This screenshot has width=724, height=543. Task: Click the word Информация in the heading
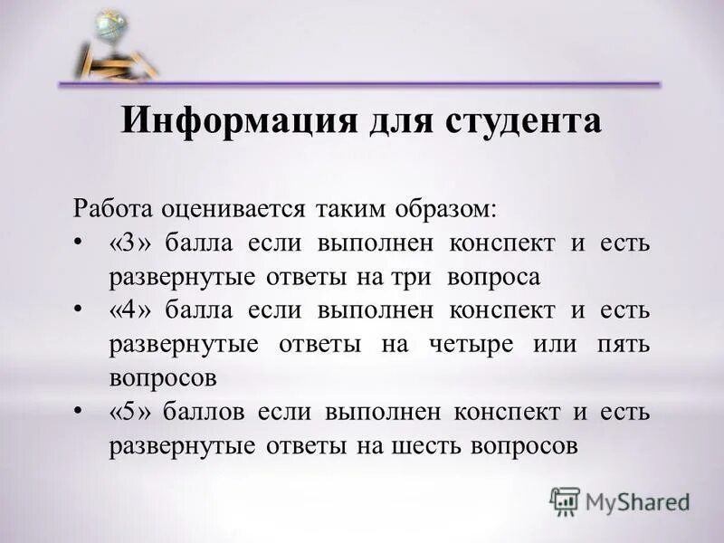point(238,121)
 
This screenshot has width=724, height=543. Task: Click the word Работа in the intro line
point(112,208)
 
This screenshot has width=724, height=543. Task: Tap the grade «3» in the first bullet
point(130,243)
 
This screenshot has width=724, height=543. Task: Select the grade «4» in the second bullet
point(130,310)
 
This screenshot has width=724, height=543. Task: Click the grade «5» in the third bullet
point(130,413)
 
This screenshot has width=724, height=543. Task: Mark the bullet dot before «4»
point(79,310)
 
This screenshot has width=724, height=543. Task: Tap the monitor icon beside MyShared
point(565,500)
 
